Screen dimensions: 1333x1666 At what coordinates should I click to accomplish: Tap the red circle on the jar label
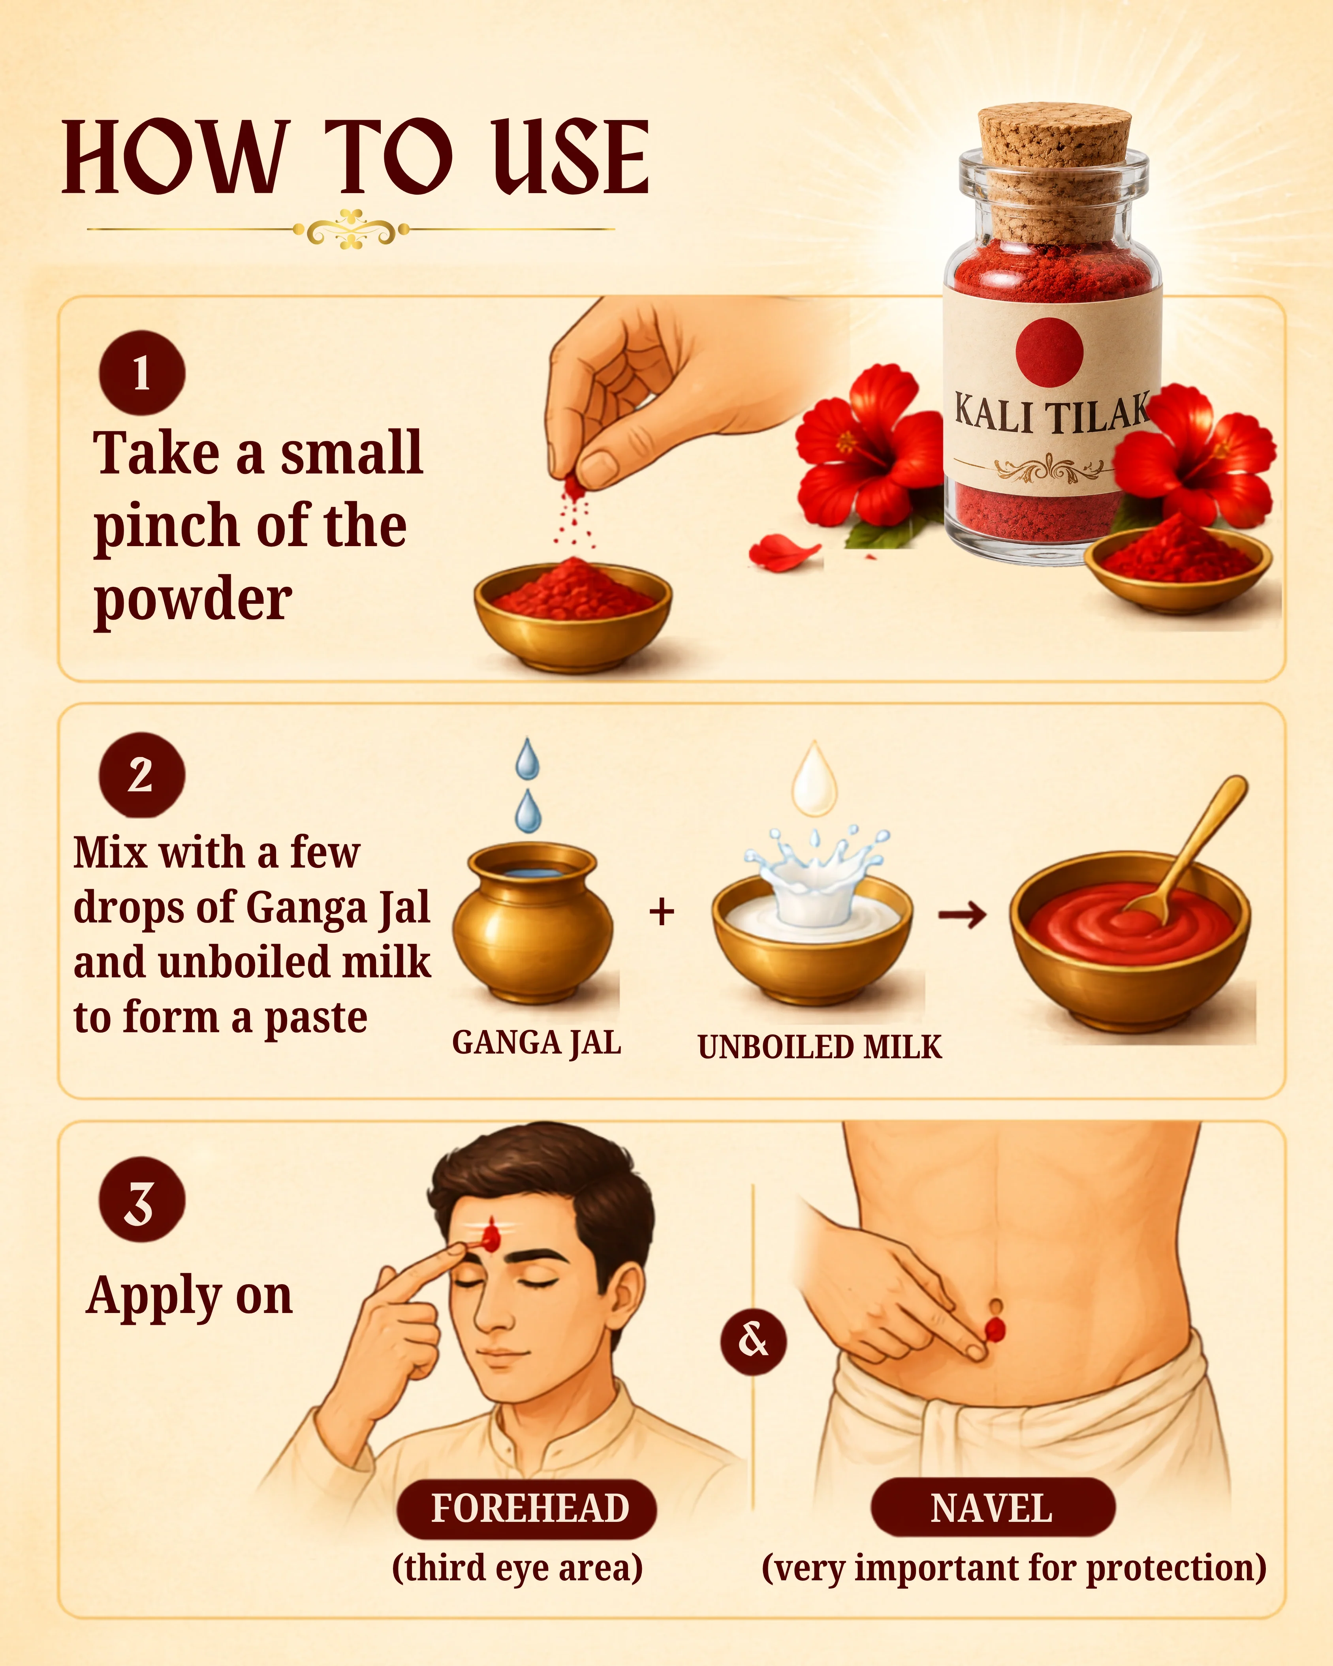1049,351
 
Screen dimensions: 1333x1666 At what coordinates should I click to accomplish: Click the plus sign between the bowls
662,912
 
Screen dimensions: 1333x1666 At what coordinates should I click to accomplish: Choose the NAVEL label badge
992,1508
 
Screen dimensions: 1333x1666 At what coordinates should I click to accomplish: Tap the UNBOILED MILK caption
819,1047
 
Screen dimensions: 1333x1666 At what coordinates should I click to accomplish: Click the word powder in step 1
192,600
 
